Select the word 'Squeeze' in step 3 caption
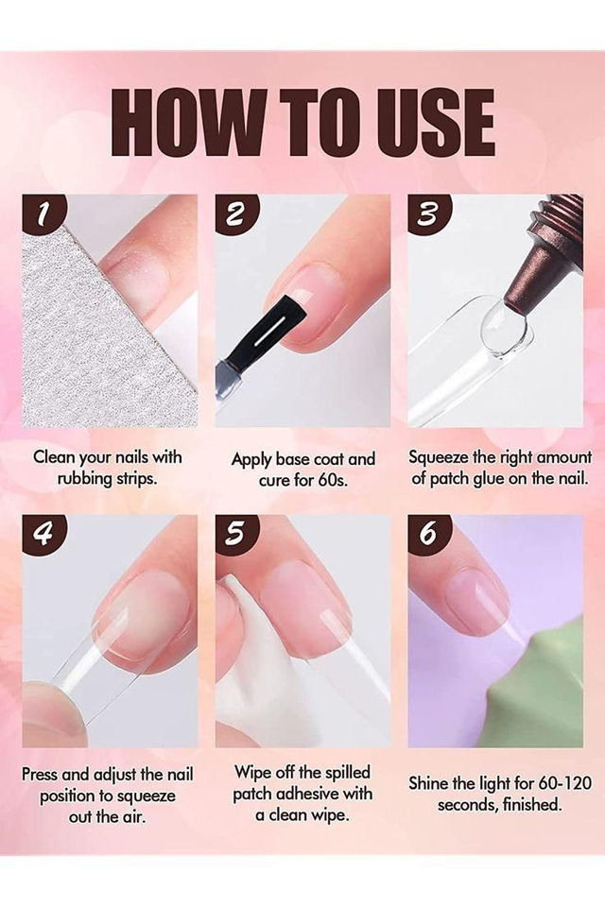439,457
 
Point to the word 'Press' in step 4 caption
40,774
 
